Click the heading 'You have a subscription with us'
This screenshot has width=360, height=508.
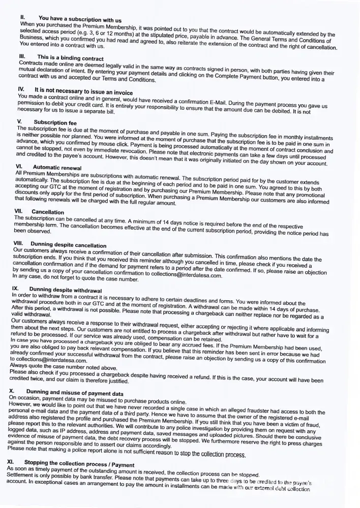(76, 19)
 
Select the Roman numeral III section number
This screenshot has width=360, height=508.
(22, 56)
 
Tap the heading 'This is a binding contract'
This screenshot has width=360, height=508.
(70, 58)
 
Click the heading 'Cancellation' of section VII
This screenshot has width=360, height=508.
(48, 212)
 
